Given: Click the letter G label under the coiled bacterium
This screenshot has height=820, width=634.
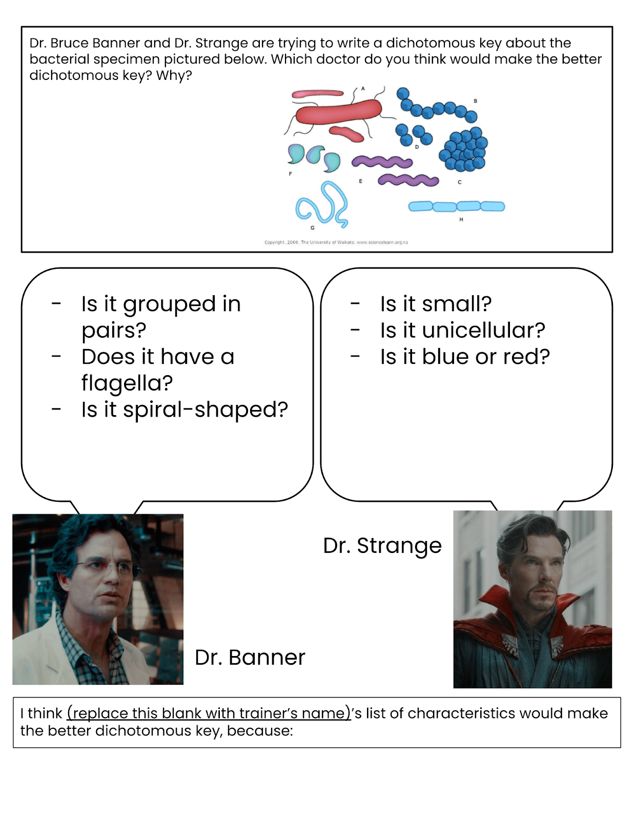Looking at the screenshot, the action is click(x=313, y=228).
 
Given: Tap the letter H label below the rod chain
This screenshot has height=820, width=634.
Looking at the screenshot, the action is click(x=461, y=219).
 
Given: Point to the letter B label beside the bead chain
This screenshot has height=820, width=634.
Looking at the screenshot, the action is click(x=476, y=101).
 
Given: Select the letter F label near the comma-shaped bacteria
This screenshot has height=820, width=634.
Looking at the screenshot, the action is click(x=290, y=174).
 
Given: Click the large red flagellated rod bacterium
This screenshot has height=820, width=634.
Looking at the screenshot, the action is click(x=338, y=111).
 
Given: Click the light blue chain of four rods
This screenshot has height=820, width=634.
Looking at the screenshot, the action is click(x=457, y=207).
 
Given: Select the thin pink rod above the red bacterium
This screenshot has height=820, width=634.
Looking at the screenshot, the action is click(x=317, y=94).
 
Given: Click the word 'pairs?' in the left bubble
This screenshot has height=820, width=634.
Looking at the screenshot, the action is click(x=114, y=331).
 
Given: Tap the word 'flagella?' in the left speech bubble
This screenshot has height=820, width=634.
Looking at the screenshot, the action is click(x=127, y=383).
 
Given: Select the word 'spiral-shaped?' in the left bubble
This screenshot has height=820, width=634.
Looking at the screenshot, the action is click(x=185, y=409).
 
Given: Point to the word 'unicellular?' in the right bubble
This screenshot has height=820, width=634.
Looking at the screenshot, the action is click(x=483, y=330).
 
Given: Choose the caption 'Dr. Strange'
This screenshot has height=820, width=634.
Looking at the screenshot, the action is click(x=382, y=546).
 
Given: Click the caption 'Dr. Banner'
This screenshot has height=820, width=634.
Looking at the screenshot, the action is click(x=250, y=657).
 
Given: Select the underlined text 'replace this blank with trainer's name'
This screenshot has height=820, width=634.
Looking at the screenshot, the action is click(x=209, y=713).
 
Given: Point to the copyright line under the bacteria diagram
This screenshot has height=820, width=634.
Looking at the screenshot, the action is click(x=336, y=242).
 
